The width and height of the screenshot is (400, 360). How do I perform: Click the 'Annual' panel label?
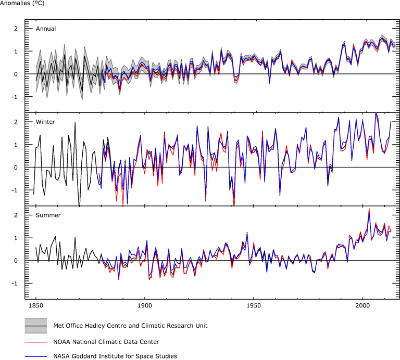[x=46, y=29]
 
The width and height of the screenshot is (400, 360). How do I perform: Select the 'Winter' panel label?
[x=46, y=122]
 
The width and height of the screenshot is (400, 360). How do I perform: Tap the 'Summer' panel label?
[x=48, y=215]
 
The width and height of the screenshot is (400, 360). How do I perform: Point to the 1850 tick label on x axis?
[x=36, y=308]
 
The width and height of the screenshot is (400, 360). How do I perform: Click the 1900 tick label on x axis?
[x=145, y=308]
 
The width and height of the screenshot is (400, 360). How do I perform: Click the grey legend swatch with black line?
[x=36, y=326]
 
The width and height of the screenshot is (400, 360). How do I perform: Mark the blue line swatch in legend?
[x=36, y=356]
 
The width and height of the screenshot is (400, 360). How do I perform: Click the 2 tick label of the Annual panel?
[x=16, y=29]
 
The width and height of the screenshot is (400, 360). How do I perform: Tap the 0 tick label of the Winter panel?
[x=16, y=168]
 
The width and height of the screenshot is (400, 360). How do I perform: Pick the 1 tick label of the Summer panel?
[x=16, y=238]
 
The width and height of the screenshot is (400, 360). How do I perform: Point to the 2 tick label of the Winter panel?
[x=16, y=122]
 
